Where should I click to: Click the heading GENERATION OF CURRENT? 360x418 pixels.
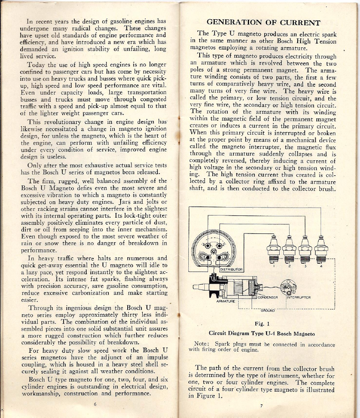[x=264, y=23]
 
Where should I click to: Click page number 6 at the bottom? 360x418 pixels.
[x=95, y=404]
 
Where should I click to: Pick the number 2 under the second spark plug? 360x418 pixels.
[x=290, y=267]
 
